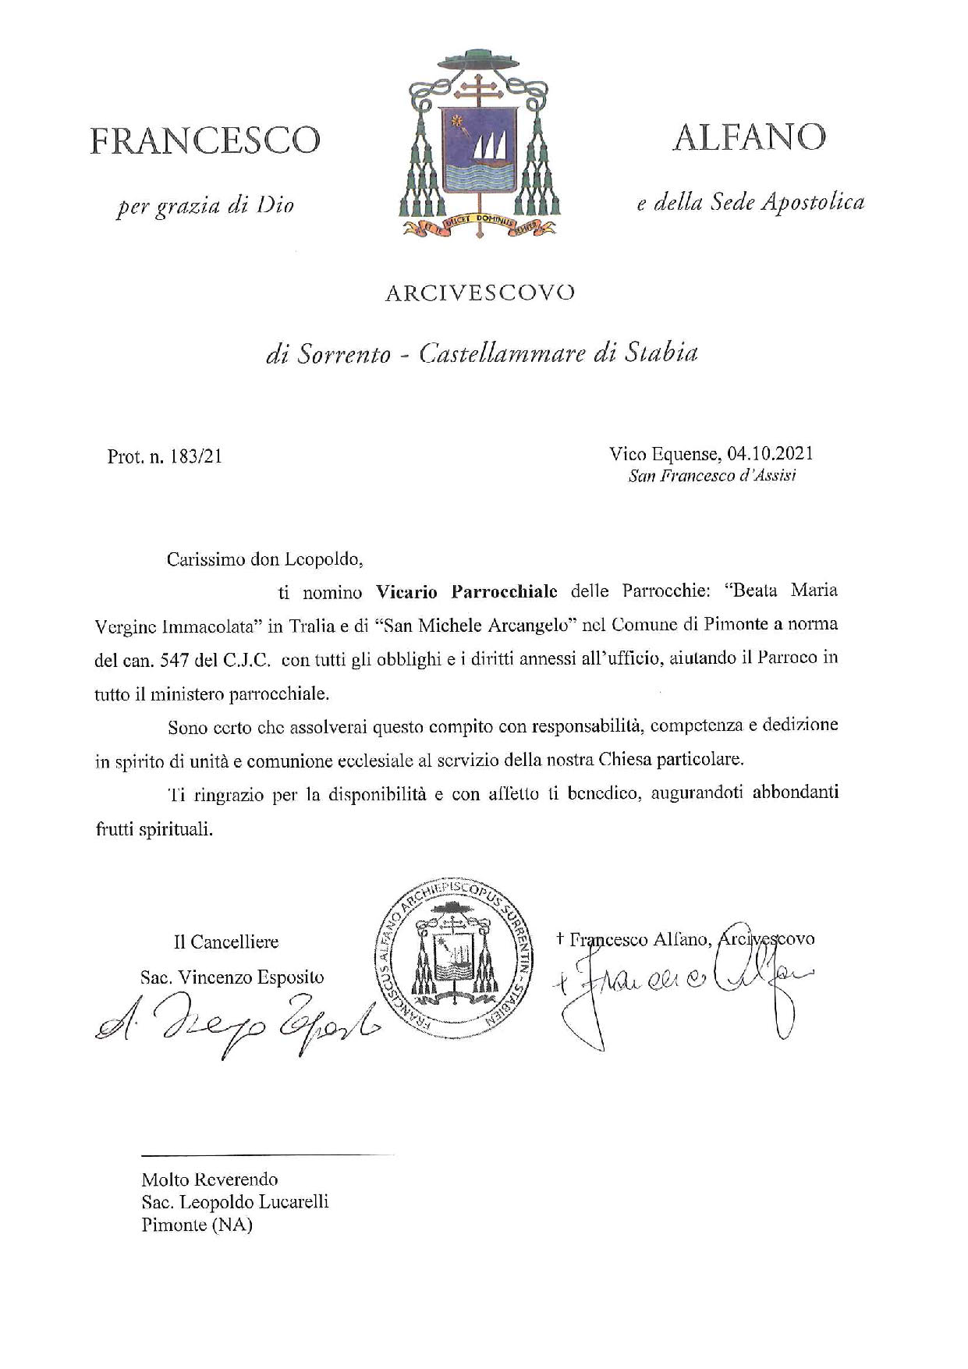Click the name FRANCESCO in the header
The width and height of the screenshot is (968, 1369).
pyautogui.click(x=205, y=141)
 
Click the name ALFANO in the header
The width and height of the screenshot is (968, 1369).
pyautogui.click(x=749, y=138)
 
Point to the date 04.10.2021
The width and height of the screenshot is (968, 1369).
pyautogui.click(x=770, y=453)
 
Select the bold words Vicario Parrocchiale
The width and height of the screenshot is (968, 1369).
pyautogui.click(x=466, y=592)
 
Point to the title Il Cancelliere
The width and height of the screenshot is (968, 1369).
pyautogui.click(x=225, y=942)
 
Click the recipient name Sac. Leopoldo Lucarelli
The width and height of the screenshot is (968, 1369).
pyautogui.click(x=235, y=1202)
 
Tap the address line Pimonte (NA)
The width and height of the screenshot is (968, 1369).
pyautogui.click(x=197, y=1225)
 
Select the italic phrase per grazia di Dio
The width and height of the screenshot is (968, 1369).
pyautogui.click(x=204, y=207)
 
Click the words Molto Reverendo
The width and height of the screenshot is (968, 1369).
pyautogui.click(x=209, y=1179)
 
